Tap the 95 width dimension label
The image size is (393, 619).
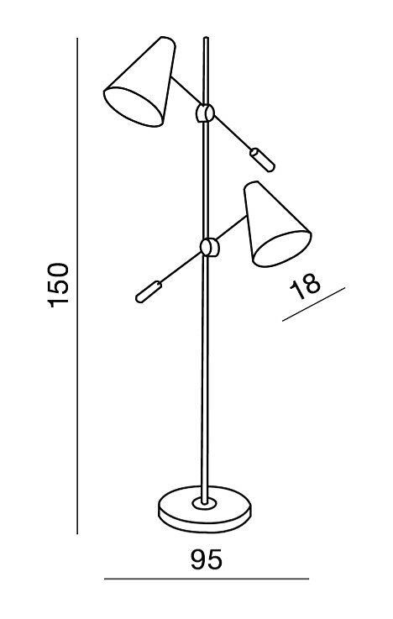(207, 559)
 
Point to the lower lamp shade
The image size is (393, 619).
(276, 224)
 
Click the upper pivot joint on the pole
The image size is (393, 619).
(205, 113)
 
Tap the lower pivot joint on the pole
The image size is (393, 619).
(209, 248)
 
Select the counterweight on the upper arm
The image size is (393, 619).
(262, 160)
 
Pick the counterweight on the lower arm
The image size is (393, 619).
(149, 291)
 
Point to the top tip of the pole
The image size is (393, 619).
(206, 38)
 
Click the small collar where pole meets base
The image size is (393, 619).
(204, 503)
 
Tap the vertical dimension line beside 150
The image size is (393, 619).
(77, 286)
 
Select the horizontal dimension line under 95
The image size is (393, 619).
(207, 580)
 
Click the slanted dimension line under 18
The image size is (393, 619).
(314, 304)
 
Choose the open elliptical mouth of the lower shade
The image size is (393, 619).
(282, 249)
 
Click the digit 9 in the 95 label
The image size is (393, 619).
(198, 559)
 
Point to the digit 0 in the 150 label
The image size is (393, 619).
(58, 270)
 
